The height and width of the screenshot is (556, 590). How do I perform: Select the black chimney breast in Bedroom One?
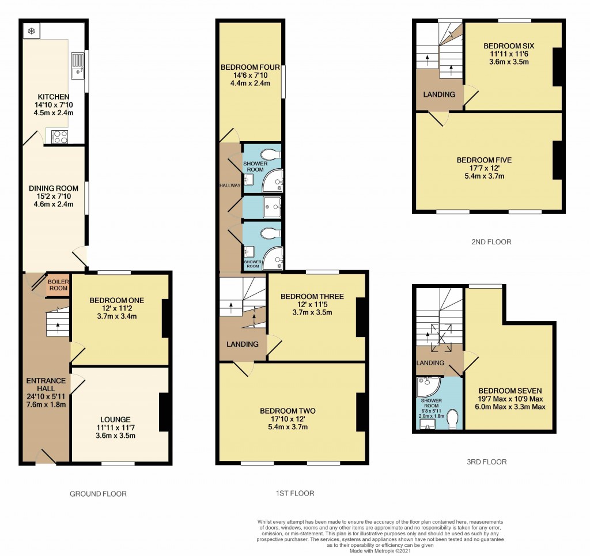(x=165, y=318)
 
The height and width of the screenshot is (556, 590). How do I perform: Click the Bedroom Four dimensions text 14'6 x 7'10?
(x=250, y=75)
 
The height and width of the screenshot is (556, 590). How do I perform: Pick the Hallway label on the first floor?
(x=229, y=185)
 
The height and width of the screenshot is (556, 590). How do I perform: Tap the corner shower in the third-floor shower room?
(x=427, y=385)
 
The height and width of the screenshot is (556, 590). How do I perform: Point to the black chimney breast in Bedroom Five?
(x=557, y=160)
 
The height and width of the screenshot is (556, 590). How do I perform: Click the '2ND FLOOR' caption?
(x=491, y=242)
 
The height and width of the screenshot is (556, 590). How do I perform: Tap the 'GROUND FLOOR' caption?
(x=98, y=494)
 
